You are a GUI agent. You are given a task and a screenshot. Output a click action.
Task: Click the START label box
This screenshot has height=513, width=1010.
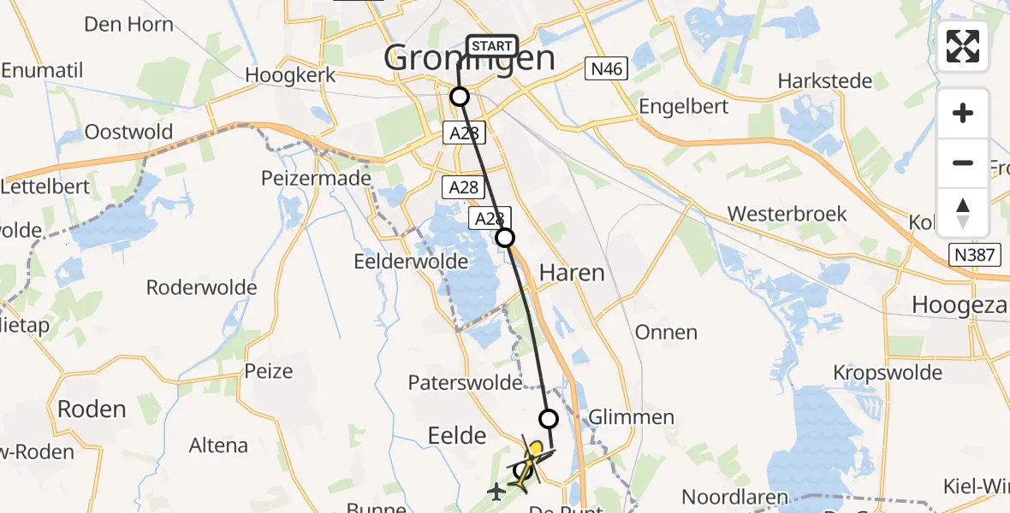[491, 45]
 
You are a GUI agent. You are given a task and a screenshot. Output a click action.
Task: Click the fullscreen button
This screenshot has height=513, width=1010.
[963, 46]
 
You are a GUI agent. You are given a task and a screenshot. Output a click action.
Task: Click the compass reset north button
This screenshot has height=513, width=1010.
[963, 213]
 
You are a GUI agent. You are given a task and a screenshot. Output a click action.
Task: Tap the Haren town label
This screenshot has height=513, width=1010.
[572, 274]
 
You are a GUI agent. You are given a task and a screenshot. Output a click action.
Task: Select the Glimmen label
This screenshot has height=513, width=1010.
[632, 417]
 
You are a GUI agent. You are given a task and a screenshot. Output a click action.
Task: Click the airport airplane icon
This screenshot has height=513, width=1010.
[496, 492]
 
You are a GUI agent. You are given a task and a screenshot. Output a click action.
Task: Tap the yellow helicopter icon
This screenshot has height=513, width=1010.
[528, 462]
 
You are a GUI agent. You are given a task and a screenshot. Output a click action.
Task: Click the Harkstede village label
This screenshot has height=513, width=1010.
[825, 81]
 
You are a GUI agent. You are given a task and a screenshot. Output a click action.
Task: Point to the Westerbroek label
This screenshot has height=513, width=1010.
[787, 214]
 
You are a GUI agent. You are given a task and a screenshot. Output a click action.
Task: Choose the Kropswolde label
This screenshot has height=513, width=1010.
[888, 373]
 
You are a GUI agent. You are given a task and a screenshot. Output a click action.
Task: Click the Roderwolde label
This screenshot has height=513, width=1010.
[202, 287]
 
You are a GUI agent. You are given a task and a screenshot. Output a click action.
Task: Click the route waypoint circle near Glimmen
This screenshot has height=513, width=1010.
[549, 419]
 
